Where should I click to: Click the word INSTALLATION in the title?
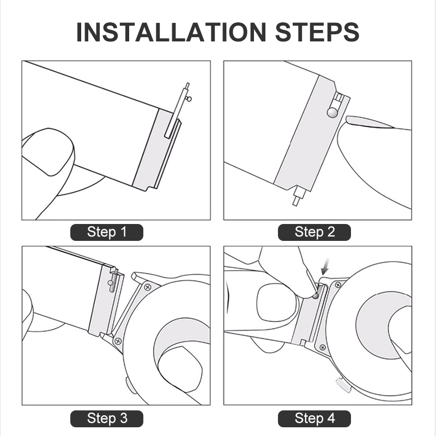pos(171,32)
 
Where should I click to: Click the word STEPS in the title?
pos(317,32)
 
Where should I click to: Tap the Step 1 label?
pos(107,232)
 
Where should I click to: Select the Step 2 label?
pos(314,232)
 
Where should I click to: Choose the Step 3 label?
pos(107,419)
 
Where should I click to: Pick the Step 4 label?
pos(314,419)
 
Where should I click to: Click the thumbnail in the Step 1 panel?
pos(48,152)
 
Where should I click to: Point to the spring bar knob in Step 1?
pos(189,99)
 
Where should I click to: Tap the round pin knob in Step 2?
pos(332,112)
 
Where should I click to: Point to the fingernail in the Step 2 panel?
pos(370,122)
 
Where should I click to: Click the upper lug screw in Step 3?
pos(148,287)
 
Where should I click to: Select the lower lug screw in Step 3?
pos(118,341)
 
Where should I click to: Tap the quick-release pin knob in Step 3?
pos(111,283)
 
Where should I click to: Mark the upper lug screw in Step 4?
pos(338,284)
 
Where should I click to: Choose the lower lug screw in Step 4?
pos(323,347)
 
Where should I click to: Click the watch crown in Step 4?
pos(344,385)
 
